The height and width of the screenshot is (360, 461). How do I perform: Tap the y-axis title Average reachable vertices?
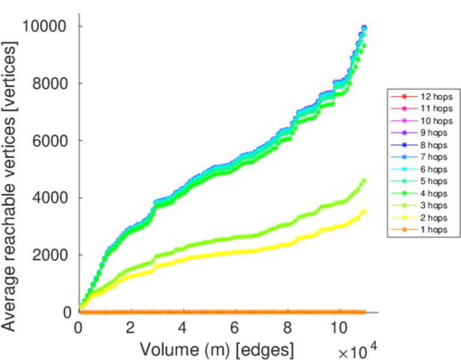(11, 174)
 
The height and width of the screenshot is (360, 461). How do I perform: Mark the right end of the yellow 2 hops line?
(364, 211)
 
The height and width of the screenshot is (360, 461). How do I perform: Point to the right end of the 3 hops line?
(364, 181)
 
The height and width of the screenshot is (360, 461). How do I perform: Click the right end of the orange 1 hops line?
(364, 312)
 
